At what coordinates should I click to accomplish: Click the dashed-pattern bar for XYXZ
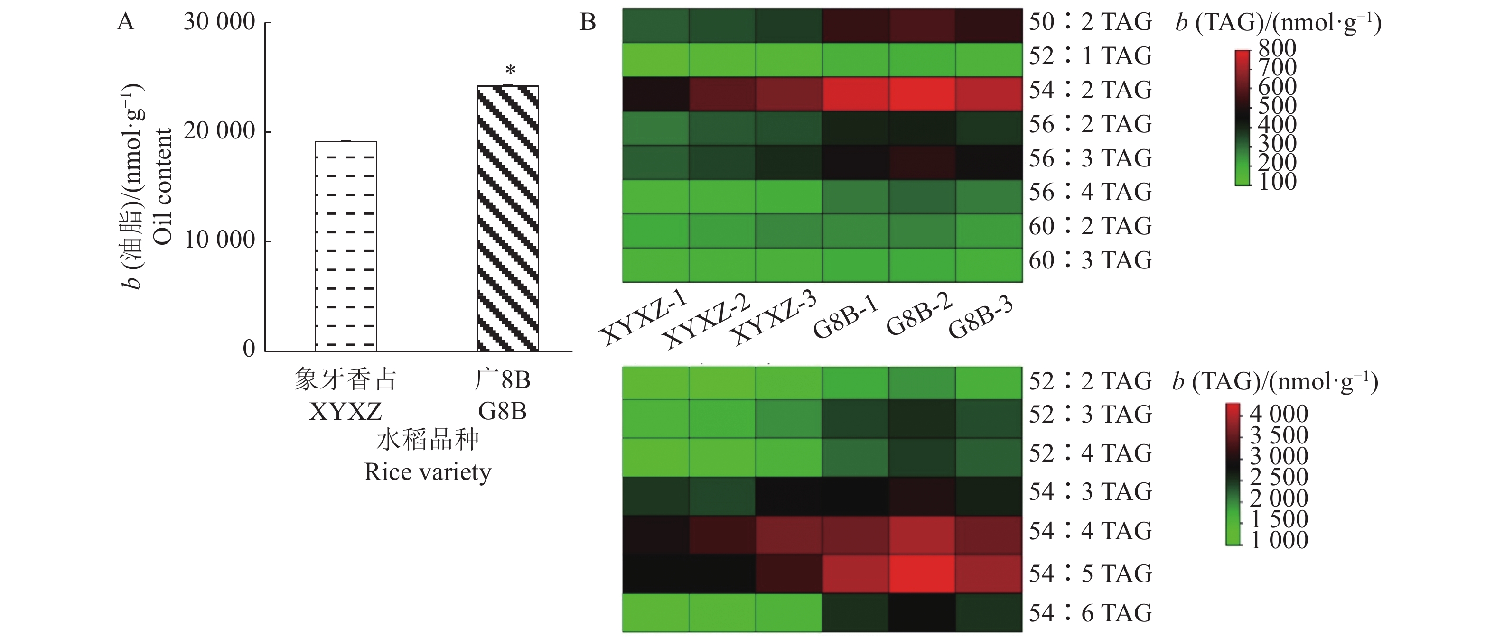point(346,247)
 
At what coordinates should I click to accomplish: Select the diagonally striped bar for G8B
point(507,219)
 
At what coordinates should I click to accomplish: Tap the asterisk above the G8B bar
point(510,71)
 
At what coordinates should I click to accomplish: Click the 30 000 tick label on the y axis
point(219,22)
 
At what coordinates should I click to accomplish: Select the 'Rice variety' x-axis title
point(428,471)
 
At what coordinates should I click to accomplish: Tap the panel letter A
point(125,22)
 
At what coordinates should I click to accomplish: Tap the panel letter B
point(588,22)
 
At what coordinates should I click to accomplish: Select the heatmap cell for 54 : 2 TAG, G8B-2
point(922,94)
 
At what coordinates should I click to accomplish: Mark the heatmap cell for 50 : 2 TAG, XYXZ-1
point(656,26)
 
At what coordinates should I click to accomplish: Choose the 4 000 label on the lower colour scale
point(1279,414)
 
